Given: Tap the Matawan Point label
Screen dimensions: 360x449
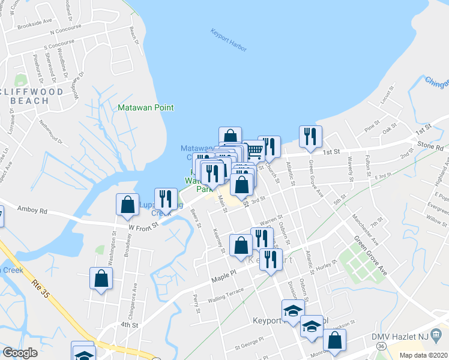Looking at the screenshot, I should click(x=145, y=107).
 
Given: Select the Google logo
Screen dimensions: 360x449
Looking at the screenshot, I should click(x=20, y=353).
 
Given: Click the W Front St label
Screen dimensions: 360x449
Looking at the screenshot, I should click(x=143, y=224).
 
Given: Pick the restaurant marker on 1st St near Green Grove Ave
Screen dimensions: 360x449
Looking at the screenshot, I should click(x=310, y=137).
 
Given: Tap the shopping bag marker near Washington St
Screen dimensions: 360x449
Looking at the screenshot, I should click(x=101, y=278).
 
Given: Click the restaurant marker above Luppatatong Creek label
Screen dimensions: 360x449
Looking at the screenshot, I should click(x=165, y=200).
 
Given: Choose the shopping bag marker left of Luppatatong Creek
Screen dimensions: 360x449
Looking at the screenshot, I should click(x=128, y=204).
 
